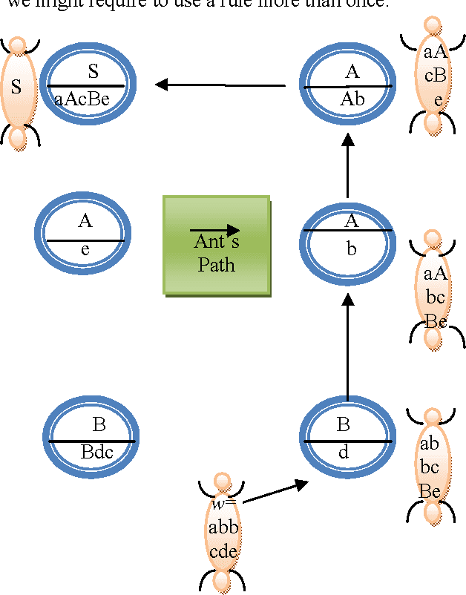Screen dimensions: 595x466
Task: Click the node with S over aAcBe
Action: [88, 86]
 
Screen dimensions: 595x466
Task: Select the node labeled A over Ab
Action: [348, 86]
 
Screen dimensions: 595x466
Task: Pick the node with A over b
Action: [348, 239]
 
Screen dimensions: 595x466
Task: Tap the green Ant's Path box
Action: [217, 246]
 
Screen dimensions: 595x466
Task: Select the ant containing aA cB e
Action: [434, 76]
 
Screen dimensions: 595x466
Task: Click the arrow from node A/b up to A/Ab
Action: [347, 167]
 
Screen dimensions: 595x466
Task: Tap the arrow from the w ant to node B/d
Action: [275, 493]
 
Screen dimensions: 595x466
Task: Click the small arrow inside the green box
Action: [214, 230]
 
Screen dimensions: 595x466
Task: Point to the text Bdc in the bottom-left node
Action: [96, 452]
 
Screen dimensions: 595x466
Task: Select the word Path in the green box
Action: [216, 264]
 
